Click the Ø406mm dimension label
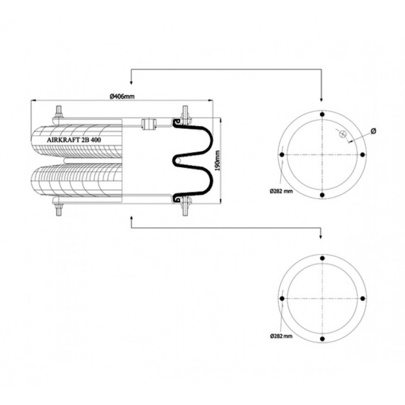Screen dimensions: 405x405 coord(122,97)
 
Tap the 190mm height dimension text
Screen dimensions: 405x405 coord(217,161)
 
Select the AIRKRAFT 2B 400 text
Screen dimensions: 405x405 coord(74,140)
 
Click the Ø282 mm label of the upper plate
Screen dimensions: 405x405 coord(281,192)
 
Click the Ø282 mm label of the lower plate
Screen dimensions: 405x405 coord(281,336)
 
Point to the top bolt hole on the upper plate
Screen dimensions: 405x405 coord(322,115)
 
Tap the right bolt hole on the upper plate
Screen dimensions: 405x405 coord(362,155)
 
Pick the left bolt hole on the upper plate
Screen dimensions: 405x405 coord(282,155)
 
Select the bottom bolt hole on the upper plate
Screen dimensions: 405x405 coord(322,195)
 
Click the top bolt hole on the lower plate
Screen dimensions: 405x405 coord(322,258)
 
